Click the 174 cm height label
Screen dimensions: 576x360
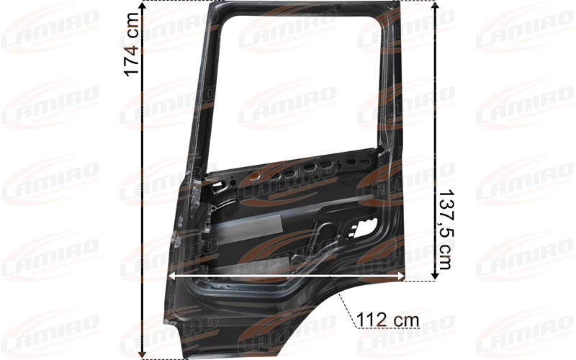click(132, 45)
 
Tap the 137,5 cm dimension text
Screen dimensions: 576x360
click(444, 229)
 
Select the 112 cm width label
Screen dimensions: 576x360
click(388, 320)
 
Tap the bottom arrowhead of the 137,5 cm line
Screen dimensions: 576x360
click(436, 276)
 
